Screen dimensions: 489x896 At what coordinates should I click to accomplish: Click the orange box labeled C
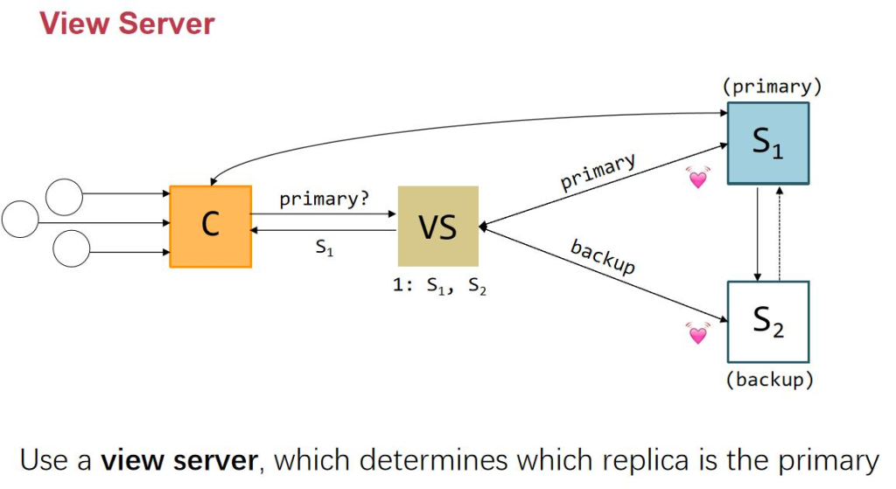tap(210, 226)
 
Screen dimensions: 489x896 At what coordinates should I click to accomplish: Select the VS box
tap(437, 226)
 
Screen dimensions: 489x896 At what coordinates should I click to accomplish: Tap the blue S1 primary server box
tap(767, 143)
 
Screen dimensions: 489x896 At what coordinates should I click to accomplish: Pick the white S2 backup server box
tap(767, 321)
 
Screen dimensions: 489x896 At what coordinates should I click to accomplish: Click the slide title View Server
tap(127, 23)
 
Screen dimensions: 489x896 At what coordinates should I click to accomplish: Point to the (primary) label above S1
tap(772, 87)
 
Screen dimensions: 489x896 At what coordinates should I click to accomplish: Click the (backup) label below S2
tap(770, 380)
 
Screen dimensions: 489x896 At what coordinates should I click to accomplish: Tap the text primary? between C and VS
tap(325, 199)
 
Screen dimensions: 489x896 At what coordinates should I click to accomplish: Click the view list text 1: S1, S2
tap(440, 286)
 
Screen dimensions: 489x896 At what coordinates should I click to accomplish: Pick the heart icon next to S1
tap(697, 178)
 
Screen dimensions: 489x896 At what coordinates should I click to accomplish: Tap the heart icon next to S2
tap(697, 333)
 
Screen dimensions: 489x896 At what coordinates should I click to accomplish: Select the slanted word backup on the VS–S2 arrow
tap(603, 256)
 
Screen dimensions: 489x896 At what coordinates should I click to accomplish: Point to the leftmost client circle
tap(20, 219)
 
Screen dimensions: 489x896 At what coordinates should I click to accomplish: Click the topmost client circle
tap(65, 198)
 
